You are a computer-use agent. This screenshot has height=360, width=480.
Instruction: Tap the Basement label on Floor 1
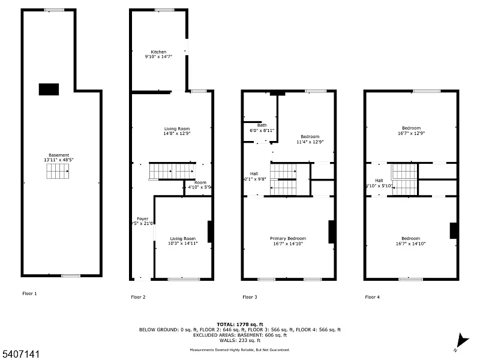point(58,157)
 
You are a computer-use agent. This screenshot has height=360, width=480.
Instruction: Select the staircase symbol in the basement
point(58,173)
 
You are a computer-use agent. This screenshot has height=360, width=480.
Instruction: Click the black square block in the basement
point(49,89)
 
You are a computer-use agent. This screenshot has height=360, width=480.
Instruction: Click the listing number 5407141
point(20,354)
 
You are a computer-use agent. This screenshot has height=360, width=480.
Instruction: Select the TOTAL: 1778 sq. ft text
point(239,324)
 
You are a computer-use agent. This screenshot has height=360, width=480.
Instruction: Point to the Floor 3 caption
point(250,296)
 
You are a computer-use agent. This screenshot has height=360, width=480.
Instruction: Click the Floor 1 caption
point(29,293)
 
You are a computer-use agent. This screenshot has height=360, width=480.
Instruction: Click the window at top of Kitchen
point(164,10)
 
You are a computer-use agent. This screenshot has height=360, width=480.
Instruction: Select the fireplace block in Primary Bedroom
point(331,232)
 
